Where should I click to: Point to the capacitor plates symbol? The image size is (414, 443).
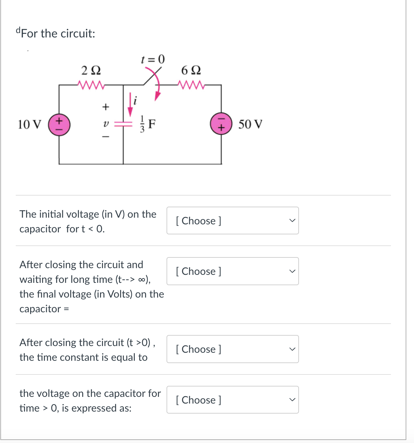click(123, 124)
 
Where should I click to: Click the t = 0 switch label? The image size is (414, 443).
click(153, 59)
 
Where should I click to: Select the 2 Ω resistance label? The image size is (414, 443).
click(91, 71)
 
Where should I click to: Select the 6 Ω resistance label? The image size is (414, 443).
click(191, 71)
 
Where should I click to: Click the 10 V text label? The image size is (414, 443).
click(29, 124)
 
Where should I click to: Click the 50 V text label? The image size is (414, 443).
click(250, 124)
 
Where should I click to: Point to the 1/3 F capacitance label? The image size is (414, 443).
click(147, 124)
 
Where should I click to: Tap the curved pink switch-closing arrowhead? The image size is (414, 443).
click(157, 96)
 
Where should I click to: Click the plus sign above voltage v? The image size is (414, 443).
click(106, 107)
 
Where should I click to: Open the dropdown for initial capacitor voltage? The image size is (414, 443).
click(232, 221)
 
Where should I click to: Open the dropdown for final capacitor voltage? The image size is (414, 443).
click(232, 271)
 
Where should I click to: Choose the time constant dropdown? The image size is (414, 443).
click(232, 349)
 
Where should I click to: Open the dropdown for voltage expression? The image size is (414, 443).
click(232, 400)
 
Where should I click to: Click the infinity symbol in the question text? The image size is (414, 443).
click(141, 280)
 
